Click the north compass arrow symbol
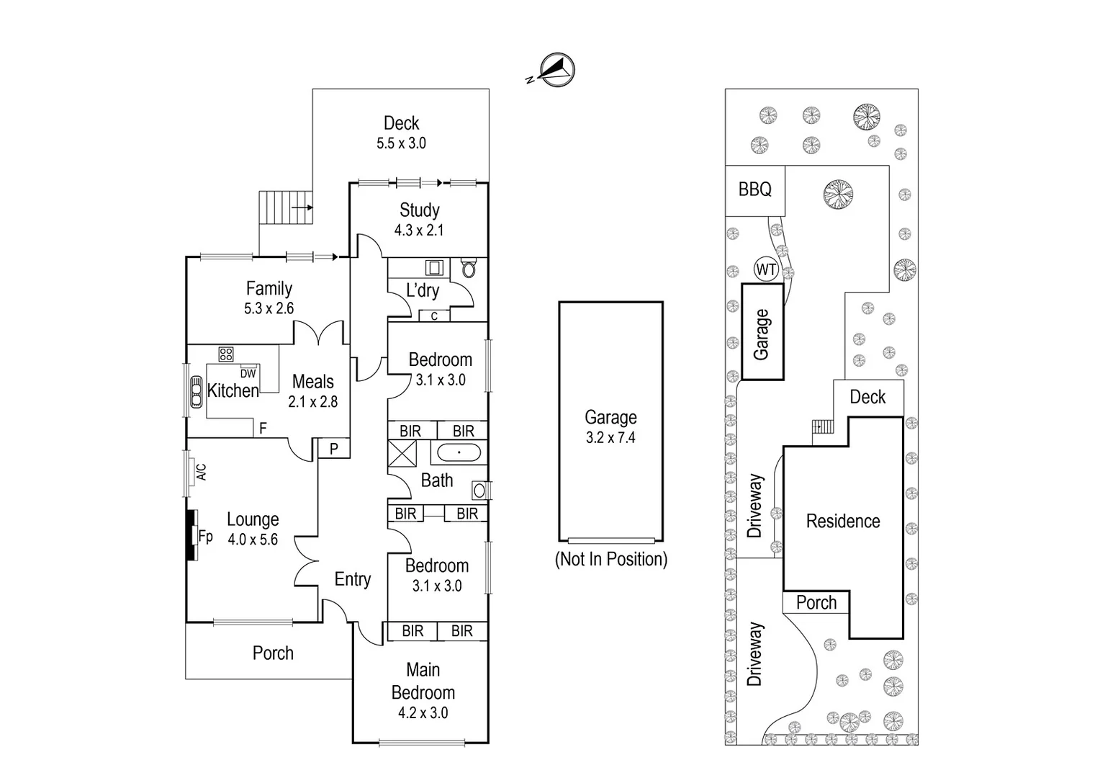coord(556,69)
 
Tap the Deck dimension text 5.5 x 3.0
coord(401,143)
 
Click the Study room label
coord(419,210)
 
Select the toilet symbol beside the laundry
coord(469,269)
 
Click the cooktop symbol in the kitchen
coord(226,354)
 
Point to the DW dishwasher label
coord(248,373)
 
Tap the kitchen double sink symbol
coord(196,393)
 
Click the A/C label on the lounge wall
coord(202,472)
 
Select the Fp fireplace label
coord(205,536)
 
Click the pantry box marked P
coord(334,448)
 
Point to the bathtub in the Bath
coord(459,453)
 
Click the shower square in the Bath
coord(402,454)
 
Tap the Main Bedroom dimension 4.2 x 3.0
coord(423,713)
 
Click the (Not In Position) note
coord(610,559)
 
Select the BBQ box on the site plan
coord(754,190)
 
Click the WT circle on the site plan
coord(766,270)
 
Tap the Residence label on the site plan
coord(842,521)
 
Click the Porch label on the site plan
coord(816,602)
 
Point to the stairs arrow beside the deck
coord(303,208)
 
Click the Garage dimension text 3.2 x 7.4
coord(610,437)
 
